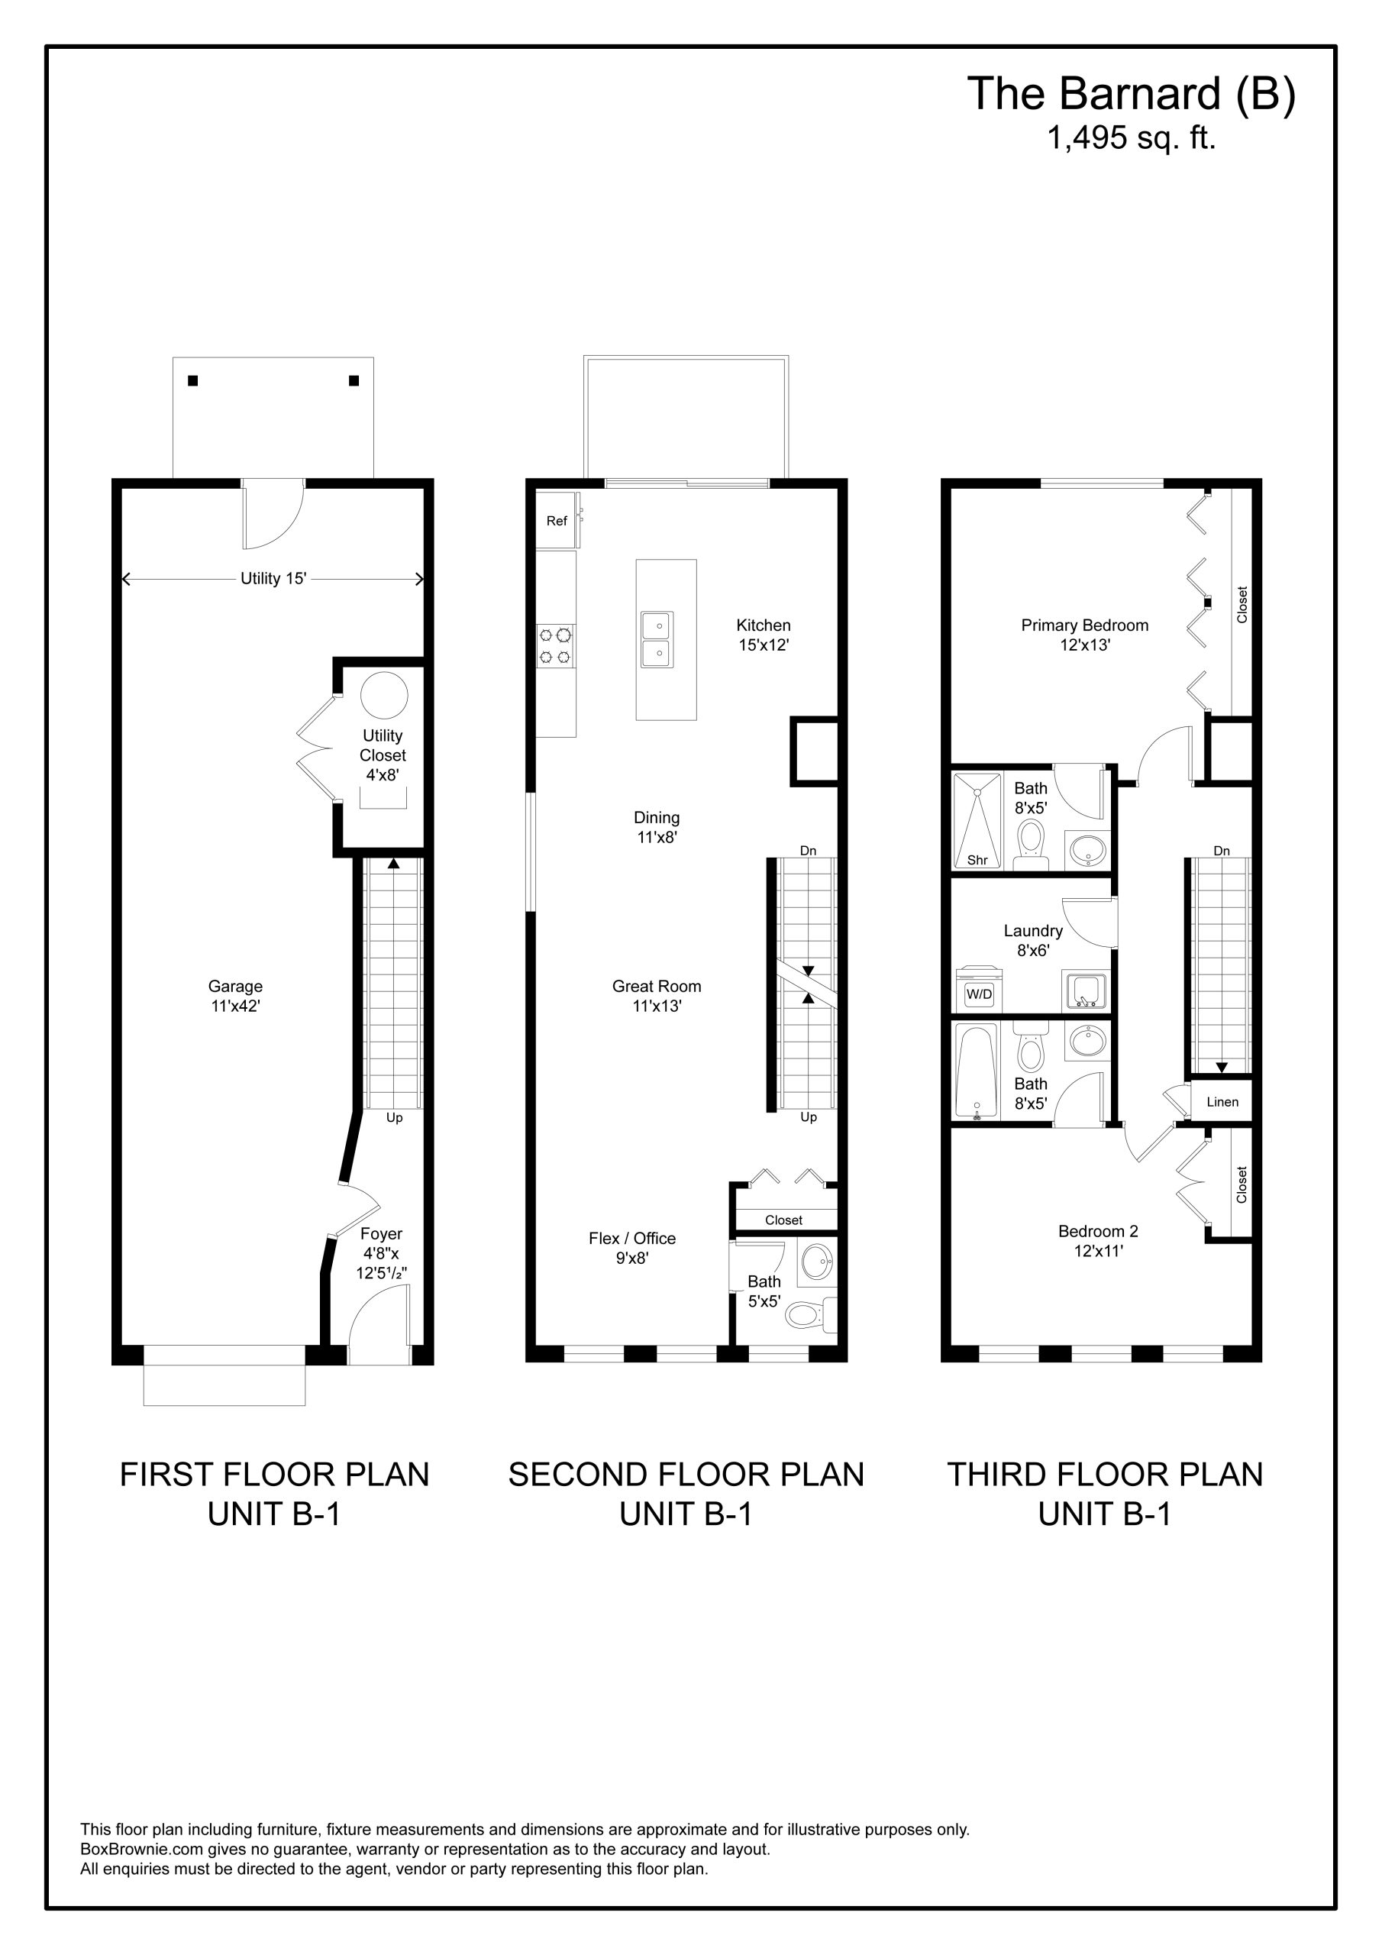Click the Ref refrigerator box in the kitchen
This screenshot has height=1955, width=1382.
[557, 520]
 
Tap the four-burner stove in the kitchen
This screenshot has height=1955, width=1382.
[555, 645]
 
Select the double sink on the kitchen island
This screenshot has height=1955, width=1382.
[657, 639]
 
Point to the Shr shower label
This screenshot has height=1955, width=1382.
[977, 860]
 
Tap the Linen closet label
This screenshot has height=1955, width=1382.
[1222, 1102]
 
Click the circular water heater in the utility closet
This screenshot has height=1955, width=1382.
[384, 695]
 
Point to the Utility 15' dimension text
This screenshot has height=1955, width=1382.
[273, 579]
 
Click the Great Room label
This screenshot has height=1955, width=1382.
[657, 986]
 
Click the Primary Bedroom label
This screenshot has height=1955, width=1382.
[1085, 626]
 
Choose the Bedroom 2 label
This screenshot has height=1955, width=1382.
[1098, 1231]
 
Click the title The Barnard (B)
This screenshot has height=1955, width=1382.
[1132, 94]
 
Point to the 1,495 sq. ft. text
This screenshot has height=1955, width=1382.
[1132, 138]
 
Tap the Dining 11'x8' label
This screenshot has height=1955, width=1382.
[657, 827]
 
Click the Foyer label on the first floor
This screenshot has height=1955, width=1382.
[382, 1234]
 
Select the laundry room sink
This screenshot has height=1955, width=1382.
[1086, 991]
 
